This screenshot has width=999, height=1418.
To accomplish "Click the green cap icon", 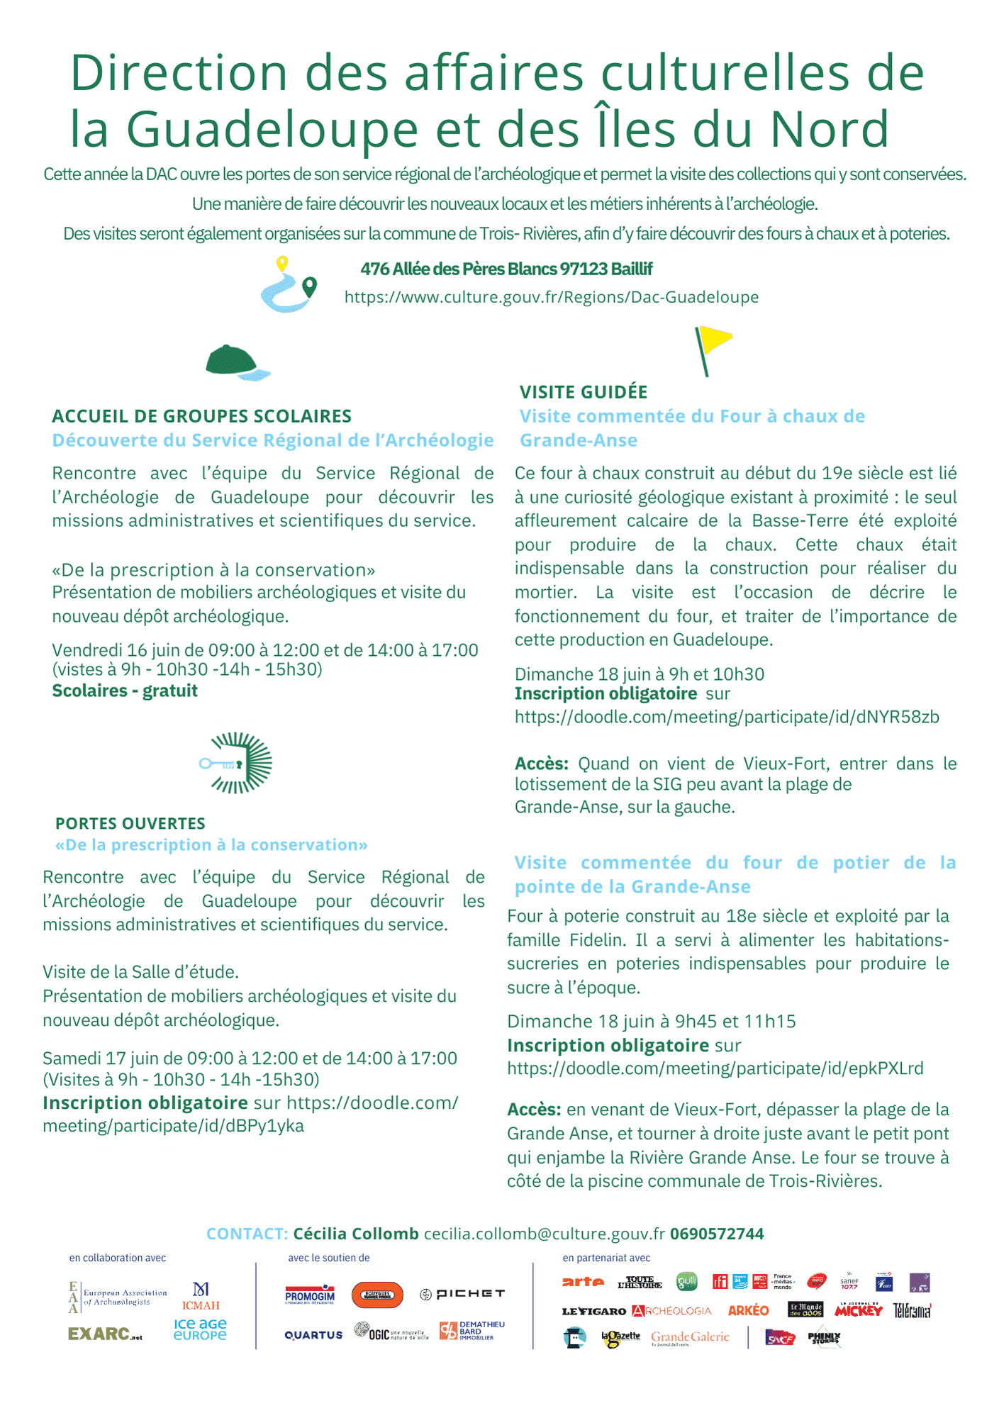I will pos(237,362).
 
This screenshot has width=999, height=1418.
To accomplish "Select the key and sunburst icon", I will pos(237,763).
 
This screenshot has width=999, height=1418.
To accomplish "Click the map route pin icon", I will pos(288,285).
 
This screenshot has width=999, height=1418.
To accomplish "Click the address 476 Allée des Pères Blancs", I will pos(506,269).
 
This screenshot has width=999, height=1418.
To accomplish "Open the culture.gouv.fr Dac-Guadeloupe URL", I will pos(551,297).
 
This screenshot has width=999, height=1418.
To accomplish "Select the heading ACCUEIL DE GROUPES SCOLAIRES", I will pos(201,416).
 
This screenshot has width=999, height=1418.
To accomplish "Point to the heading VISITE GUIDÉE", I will pos(583,392).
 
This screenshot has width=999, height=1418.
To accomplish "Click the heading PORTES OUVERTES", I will pos(130,823).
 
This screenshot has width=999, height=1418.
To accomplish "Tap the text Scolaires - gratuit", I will pos(125,691).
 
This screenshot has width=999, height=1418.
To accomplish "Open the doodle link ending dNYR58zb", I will pos(727,717).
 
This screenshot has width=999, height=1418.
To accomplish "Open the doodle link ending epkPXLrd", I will pos(715,1068).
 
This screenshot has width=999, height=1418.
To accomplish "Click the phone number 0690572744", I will pos(717,1234).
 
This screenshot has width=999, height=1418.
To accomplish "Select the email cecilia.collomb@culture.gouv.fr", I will pos(544,1234).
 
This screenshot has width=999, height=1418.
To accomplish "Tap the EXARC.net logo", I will pos(105,1334).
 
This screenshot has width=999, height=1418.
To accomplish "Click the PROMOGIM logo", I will pos(310,1295).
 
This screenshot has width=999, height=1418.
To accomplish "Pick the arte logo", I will pos(583,1282).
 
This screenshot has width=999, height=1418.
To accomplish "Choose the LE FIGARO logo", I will pos(593,1311).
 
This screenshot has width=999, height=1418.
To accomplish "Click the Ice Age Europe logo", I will pos(200,1329).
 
